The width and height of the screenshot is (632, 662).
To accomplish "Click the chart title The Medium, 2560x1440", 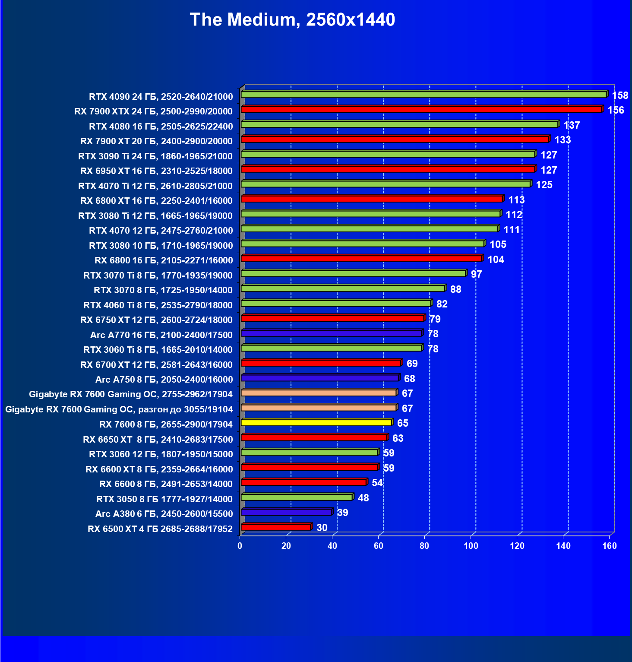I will point(292,20).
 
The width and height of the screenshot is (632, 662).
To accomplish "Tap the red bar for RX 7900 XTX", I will point(421,110).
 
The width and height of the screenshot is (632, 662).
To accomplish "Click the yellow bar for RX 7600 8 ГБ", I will point(316,423).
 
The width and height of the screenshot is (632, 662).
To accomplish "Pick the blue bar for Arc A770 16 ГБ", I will point(331,333).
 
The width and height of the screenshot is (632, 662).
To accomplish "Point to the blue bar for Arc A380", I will point(286,512).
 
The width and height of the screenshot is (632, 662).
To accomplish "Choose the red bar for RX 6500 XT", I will point(276,527).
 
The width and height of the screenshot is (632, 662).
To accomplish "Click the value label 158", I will point(620,95).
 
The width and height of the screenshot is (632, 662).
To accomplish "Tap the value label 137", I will point(572,125).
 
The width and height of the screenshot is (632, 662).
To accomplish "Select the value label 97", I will point(476,274).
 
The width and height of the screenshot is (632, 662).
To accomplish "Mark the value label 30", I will point(322,528).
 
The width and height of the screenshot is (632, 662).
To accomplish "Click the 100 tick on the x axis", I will point(471,546).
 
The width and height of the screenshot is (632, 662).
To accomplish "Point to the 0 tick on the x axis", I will point(240,546).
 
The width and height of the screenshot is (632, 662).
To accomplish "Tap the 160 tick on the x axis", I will point(610,546).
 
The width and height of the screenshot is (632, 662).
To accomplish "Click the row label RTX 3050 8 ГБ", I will point(164,499).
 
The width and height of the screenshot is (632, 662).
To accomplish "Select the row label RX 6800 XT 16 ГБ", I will point(156,201).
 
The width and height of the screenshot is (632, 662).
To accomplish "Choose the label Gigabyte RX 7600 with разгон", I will point(119,409).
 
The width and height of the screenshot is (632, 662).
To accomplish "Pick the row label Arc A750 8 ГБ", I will point(164,380).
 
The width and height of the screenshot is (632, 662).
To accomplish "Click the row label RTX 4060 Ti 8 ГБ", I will point(158,305).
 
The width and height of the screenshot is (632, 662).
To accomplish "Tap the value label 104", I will point(496,260).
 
